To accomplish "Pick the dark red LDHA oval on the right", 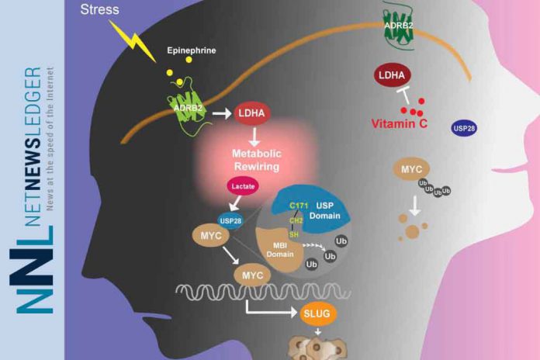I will [393, 75].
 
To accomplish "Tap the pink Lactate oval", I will [241, 186].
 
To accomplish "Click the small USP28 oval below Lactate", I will [230, 223].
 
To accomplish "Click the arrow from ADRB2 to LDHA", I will [223, 114].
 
